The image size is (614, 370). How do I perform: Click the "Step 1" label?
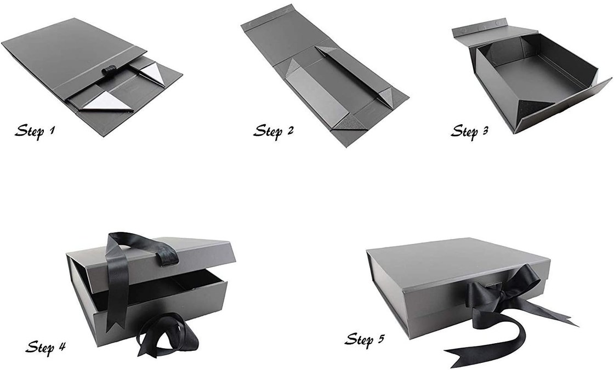click(x=35, y=131)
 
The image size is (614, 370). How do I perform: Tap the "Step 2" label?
click(x=274, y=131)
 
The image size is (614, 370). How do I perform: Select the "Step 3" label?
click(x=469, y=131)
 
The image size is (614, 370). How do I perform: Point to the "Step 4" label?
click(x=46, y=346)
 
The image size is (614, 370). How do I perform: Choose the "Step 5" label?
click(x=365, y=339)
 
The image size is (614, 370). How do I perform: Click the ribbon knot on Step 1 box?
click(x=106, y=72)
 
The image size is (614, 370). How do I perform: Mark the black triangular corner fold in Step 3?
click(x=535, y=106)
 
